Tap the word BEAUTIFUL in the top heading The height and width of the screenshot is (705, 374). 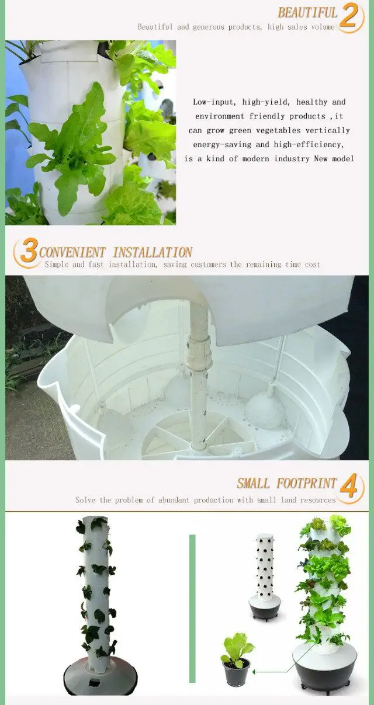click(x=307, y=13)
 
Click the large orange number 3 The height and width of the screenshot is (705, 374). click(x=28, y=251)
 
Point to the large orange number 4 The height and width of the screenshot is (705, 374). click(x=349, y=486)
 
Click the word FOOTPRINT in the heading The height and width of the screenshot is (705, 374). click(x=307, y=484)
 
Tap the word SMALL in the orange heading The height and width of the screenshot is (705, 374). click(x=253, y=484)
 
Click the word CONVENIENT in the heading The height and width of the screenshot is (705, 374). click(x=72, y=253)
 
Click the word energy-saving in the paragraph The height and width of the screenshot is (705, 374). click(x=223, y=145)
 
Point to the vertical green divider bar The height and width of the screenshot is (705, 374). click(x=192, y=607)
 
